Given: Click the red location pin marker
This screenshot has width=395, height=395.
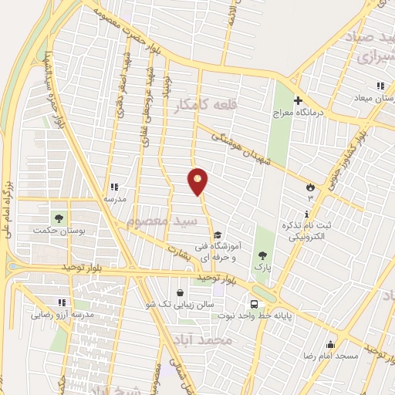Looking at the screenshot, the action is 198,181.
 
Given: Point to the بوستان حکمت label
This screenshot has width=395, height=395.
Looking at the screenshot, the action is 59,230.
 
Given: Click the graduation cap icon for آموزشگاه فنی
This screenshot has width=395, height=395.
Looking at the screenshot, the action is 218,235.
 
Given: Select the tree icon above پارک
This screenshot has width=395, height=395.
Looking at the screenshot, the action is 262,256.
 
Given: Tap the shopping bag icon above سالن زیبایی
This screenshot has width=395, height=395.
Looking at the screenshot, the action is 180,293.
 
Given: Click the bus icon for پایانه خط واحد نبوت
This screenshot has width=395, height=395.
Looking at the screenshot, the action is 253,303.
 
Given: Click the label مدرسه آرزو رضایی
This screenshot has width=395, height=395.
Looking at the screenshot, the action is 62,315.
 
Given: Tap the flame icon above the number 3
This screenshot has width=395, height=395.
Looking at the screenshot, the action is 310,186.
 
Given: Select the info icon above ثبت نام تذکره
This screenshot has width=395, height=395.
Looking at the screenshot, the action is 307,214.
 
